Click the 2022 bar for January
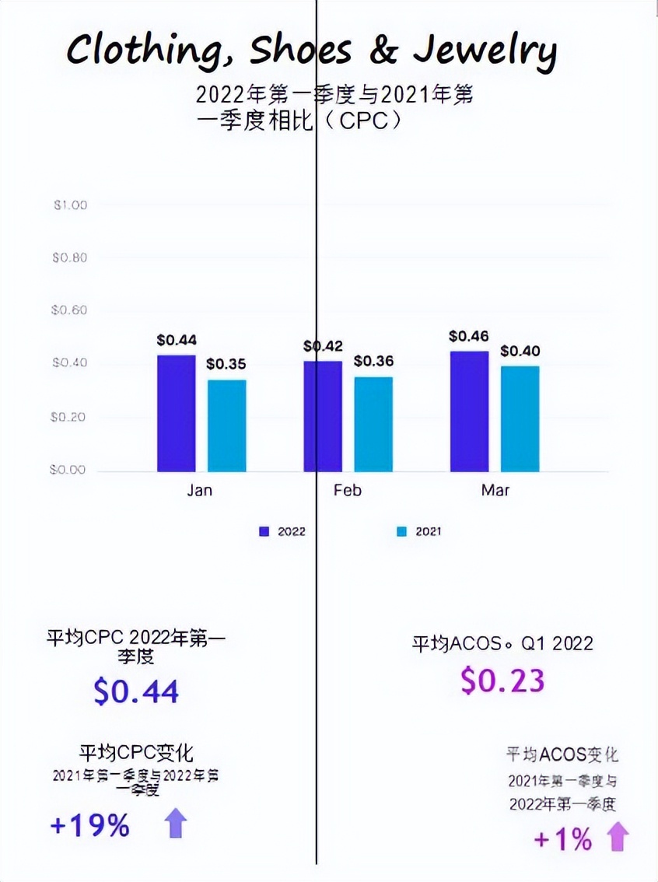pyautogui.click(x=177, y=413)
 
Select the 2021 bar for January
pyautogui.click(x=226, y=425)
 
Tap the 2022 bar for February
pyautogui.click(x=323, y=416)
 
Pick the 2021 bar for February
pyautogui.click(x=373, y=424)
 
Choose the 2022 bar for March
pyautogui.click(x=470, y=411)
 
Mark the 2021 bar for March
pyautogui.click(x=520, y=418)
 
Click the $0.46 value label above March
pyautogui.click(x=469, y=337)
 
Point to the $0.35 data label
pyautogui.click(x=226, y=364)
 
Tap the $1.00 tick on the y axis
pyautogui.click(x=70, y=205)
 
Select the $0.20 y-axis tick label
pyautogui.click(x=70, y=417)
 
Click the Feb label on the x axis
pyautogui.click(x=347, y=491)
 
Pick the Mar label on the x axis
pyautogui.click(x=495, y=491)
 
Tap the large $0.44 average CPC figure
pyautogui.click(x=136, y=691)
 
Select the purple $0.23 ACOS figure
pyautogui.click(x=502, y=681)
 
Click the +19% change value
pyautogui.click(x=89, y=825)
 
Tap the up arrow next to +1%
pyautogui.click(x=618, y=838)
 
